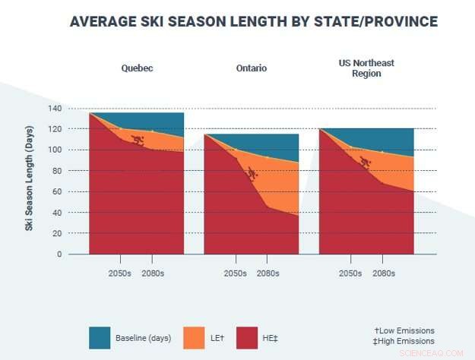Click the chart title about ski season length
[253, 21]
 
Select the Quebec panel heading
[137, 68]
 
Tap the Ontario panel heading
[251, 68]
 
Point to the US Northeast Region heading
[366, 68]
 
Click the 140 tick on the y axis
[74, 109]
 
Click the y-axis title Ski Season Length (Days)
[30, 181]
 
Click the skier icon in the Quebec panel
[138, 140]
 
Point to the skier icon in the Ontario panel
[252, 173]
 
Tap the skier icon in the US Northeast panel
[365, 162]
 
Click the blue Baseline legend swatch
[100, 337]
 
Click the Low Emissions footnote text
[404, 330]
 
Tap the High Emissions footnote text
[404, 341]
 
